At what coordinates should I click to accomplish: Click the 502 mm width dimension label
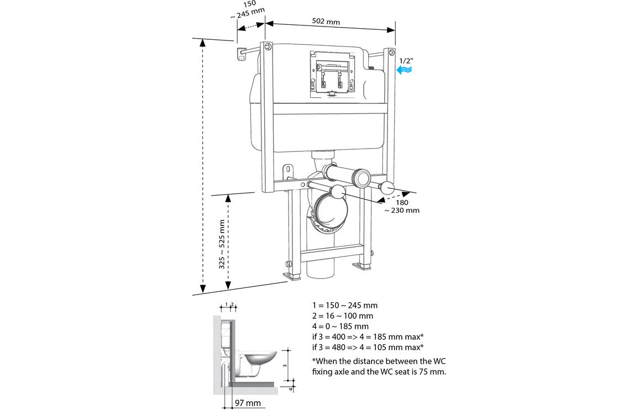pyautogui.click(x=325, y=22)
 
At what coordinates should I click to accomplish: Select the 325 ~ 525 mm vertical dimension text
pyautogui.click(x=222, y=245)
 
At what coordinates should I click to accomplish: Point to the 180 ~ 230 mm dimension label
pyautogui.click(x=402, y=206)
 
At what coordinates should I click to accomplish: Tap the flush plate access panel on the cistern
pyautogui.click(x=331, y=73)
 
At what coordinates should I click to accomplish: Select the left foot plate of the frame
pyautogui.click(x=291, y=275)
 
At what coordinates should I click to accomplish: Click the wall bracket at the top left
pyautogui.click(x=242, y=54)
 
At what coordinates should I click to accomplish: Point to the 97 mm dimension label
pyautogui.click(x=247, y=403)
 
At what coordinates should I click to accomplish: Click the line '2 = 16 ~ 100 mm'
pyautogui.click(x=342, y=316)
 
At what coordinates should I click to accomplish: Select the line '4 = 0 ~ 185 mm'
pyautogui.click(x=340, y=326)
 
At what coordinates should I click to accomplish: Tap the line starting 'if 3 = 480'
pyautogui.click(x=368, y=347)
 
